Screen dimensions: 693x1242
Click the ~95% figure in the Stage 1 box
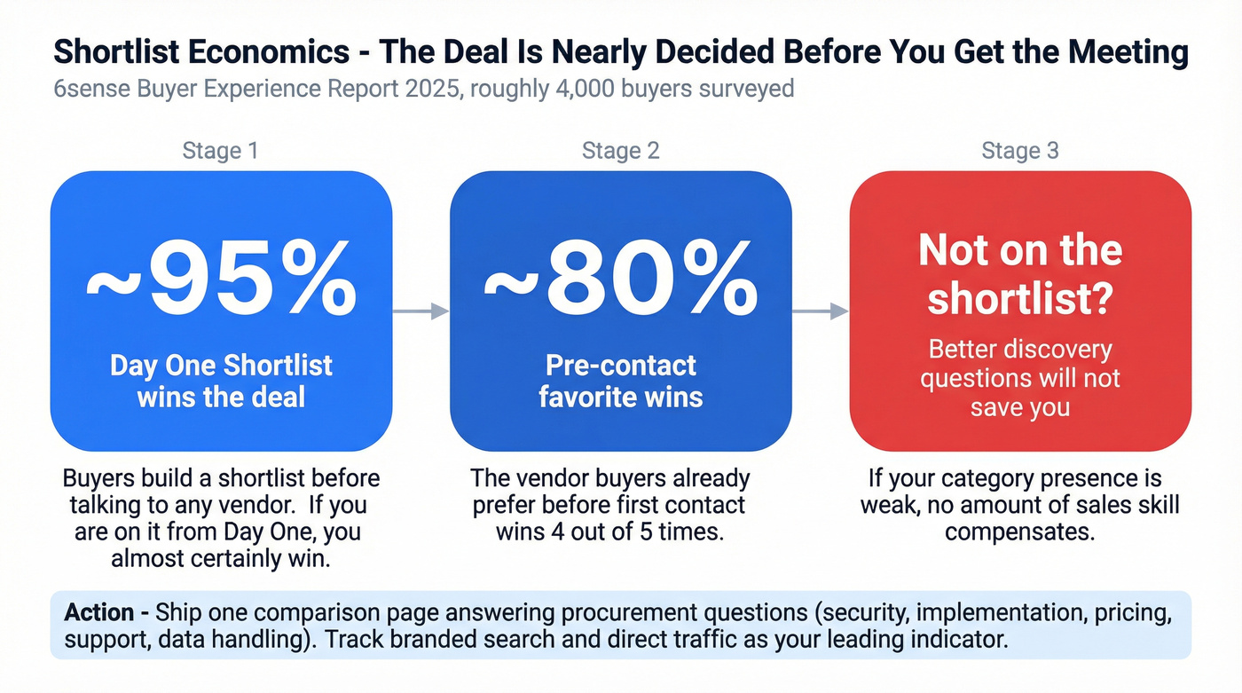pos(221,281)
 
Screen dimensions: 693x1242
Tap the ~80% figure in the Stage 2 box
pos(621,281)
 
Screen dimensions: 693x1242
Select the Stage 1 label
pos(220,151)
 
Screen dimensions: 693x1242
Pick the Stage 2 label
pos(620,151)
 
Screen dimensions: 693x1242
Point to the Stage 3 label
pos(1020,151)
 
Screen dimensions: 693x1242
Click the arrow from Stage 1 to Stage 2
pos(421,311)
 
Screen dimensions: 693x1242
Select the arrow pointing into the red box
pos(820,311)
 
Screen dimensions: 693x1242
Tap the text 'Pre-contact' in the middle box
pos(621,366)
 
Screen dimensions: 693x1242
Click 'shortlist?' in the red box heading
pos(1020,300)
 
